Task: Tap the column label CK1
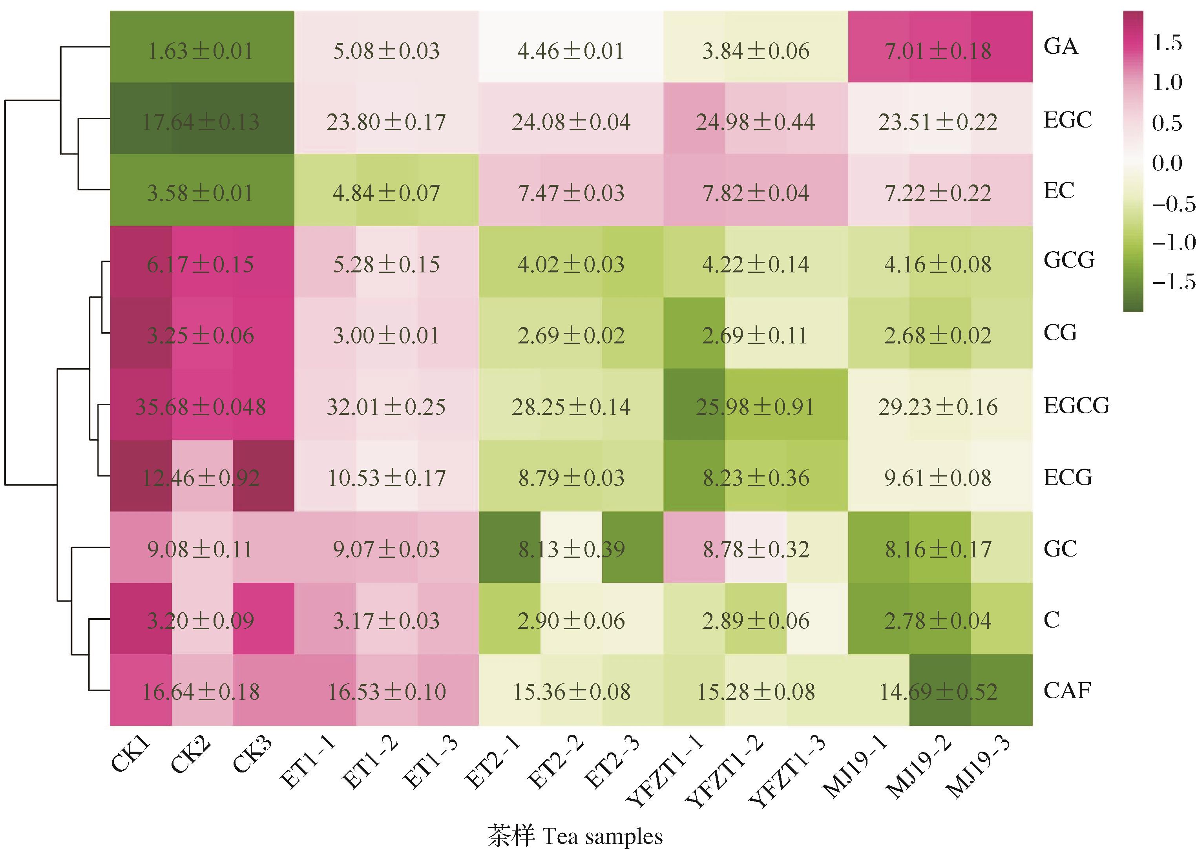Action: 131,756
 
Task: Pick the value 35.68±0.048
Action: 201,407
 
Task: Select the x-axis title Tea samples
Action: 575,835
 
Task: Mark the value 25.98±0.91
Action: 755,407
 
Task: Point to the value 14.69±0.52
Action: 938,692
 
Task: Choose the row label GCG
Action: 1069,260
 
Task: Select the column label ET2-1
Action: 493,763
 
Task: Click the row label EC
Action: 1059,191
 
